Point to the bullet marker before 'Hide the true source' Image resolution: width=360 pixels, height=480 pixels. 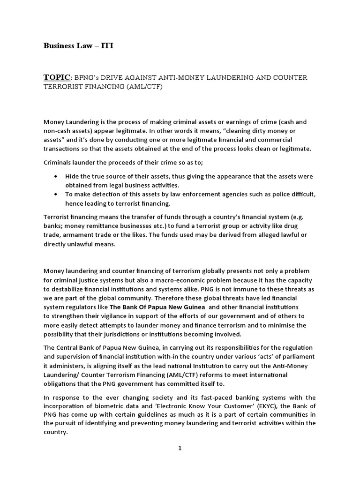pyautogui.click(x=56, y=177)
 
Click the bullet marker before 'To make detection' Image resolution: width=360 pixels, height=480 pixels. pyautogui.click(x=56, y=195)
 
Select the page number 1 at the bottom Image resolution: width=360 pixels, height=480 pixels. pyautogui.click(x=180, y=449)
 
